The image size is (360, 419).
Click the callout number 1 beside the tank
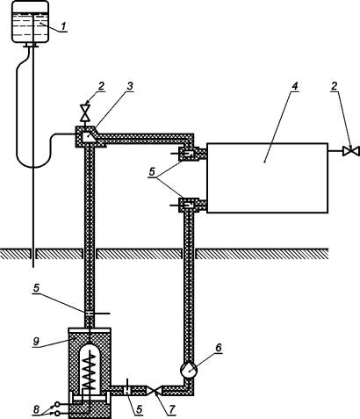click(63, 26)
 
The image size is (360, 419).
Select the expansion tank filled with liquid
click(30, 21)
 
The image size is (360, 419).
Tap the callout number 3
click(130, 86)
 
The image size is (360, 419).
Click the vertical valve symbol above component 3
click(85, 113)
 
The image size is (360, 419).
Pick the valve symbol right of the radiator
click(350, 151)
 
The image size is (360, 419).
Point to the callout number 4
click(294, 86)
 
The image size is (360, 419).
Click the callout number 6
click(219, 348)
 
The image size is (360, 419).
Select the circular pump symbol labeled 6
click(190, 370)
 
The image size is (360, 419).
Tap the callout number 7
click(172, 409)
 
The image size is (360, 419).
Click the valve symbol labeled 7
click(154, 390)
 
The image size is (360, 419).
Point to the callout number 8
click(36, 409)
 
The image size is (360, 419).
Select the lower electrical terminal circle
click(58, 413)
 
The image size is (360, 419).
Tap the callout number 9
click(36, 342)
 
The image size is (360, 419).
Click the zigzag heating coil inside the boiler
click(90, 372)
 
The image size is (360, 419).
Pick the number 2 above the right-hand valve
click(335, 86)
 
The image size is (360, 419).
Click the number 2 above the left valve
click(101, 86)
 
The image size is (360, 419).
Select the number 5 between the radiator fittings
click(152, 172)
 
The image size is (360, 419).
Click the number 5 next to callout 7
click(140, 409)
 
